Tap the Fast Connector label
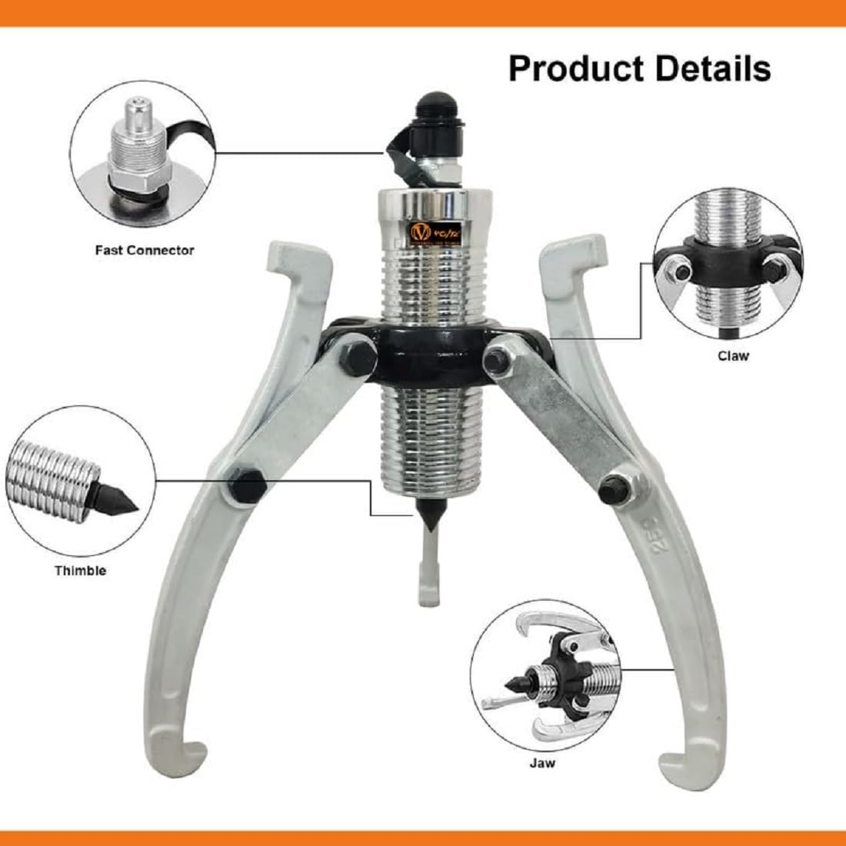[145, 250]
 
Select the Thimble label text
[80, 571]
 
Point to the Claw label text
[732, 355]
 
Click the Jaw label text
[541, 763]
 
